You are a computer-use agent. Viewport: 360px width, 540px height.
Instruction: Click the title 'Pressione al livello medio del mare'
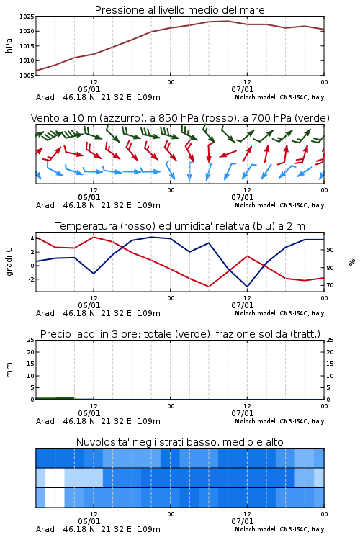[179, 10]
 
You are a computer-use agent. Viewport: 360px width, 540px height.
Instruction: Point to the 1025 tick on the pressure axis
[27, 17]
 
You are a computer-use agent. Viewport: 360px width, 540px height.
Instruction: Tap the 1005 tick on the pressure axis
[27, 76]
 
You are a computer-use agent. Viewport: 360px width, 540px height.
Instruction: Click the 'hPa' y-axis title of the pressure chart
[9, 46]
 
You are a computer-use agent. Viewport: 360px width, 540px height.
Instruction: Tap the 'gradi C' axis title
[9, 261]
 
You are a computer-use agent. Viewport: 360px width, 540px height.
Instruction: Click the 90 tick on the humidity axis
[330, 250]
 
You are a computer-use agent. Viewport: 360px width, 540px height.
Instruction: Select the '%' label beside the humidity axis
[352, 262]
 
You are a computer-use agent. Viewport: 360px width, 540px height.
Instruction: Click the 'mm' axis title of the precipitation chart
[9, 370]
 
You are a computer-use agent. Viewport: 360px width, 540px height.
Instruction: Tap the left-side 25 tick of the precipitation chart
[31, 340]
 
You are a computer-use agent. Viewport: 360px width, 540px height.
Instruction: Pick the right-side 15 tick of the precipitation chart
[330, 364]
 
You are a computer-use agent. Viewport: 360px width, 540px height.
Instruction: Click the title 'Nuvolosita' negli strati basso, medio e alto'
[179, 442]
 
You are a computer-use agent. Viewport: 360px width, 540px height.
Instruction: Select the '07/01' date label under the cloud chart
[243, 521]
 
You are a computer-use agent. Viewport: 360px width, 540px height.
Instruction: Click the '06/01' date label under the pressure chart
[89, 89]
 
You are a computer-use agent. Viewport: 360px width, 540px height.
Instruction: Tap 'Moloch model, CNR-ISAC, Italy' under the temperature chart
[279, 313]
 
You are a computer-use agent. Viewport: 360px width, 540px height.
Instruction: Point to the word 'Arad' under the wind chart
[45, 205]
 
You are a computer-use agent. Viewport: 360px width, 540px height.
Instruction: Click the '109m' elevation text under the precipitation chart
[149, 421]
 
